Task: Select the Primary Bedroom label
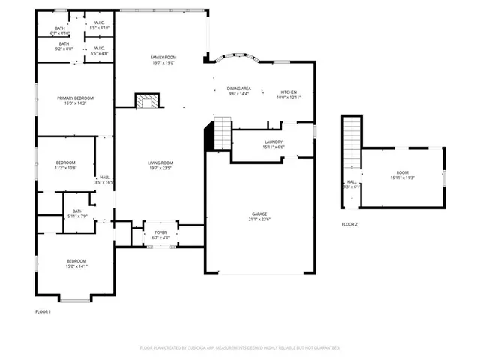[x=75, y=101]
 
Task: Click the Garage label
[x=259, y=217]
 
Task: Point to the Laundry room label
[x=273, y=145]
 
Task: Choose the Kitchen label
[x=289, y=94]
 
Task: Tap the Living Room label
[x=160, y=166]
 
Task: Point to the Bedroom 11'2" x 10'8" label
[x=66, y=166]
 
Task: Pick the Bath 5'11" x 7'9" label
[x=77, y=214]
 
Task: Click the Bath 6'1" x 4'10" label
[x=60, y=31]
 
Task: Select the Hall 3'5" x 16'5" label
[x=104, y=180]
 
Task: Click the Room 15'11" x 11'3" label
[x=402, y=176]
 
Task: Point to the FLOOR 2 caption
[x=349, y=224]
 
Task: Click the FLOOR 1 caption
[x=43, y=311]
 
